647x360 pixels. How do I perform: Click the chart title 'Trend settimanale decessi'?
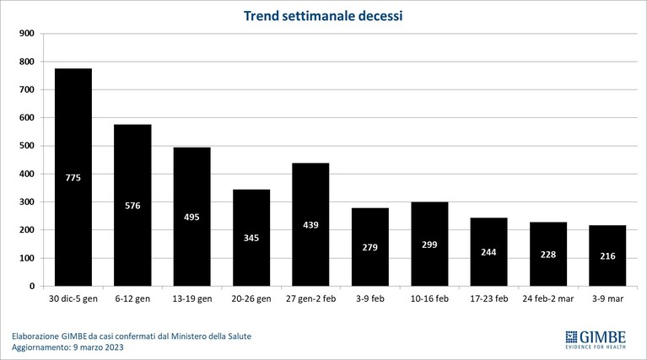tap(323, 16)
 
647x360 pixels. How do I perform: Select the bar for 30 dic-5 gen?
tap(73, 177)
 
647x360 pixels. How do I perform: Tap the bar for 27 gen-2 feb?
tap(310, 224)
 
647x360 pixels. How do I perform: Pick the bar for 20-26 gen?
tap(251, 238)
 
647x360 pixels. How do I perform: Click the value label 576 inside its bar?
tap(133, 206)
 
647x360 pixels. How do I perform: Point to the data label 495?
tap(191, 217)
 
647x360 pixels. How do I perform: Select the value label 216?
tap(607, 256)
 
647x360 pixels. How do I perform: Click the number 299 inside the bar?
tap(429, 244)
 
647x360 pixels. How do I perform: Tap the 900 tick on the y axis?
tap(27, 34)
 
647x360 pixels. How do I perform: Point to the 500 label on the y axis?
tap(27, 146)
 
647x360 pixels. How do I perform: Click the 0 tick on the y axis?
tap(32, 286)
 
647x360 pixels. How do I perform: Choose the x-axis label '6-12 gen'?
tap(133, 298)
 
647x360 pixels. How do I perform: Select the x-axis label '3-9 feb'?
tap(370, 298)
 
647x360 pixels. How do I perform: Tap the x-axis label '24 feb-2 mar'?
tap(548, 298)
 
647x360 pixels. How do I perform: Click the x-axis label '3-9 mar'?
tap(607, 298)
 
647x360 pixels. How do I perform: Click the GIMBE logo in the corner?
tap(596, 340)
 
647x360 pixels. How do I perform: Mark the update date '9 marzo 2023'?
tap(98, 347)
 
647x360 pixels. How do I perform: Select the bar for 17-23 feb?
tap(489, 252)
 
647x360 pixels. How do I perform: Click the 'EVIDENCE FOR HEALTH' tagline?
tap(596, 347)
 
